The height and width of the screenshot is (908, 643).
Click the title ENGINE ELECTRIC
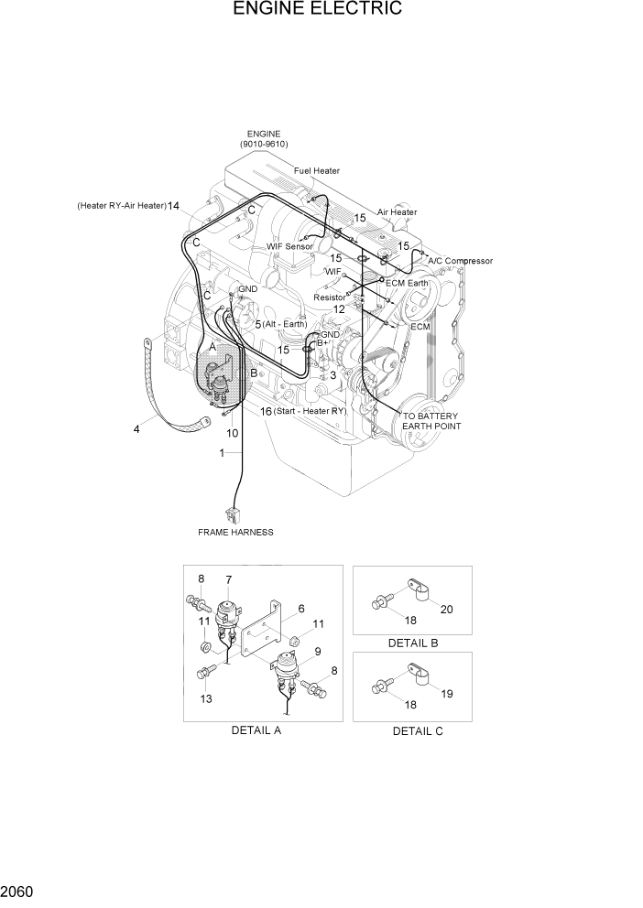point(317,10)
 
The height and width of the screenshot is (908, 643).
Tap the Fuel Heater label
point(317,170)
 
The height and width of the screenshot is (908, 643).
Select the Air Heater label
point(397,212)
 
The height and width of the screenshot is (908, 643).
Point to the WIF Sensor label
point(289,247)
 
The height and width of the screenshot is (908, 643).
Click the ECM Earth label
point(407,283)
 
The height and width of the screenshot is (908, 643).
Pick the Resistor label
point(330,297)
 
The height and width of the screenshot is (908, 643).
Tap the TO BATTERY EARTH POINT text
point(432,421)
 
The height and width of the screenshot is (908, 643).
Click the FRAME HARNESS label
point(235,532)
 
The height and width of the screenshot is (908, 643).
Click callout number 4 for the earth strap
point(136,428)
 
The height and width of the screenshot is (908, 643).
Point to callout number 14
point(173,206)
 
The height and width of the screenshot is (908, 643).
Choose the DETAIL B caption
point(412,643)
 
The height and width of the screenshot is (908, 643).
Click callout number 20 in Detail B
point(446,609)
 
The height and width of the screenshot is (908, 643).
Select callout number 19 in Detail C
point(446,694)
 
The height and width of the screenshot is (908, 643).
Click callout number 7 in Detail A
point(228,579)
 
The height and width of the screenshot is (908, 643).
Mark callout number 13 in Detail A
point(206,699)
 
